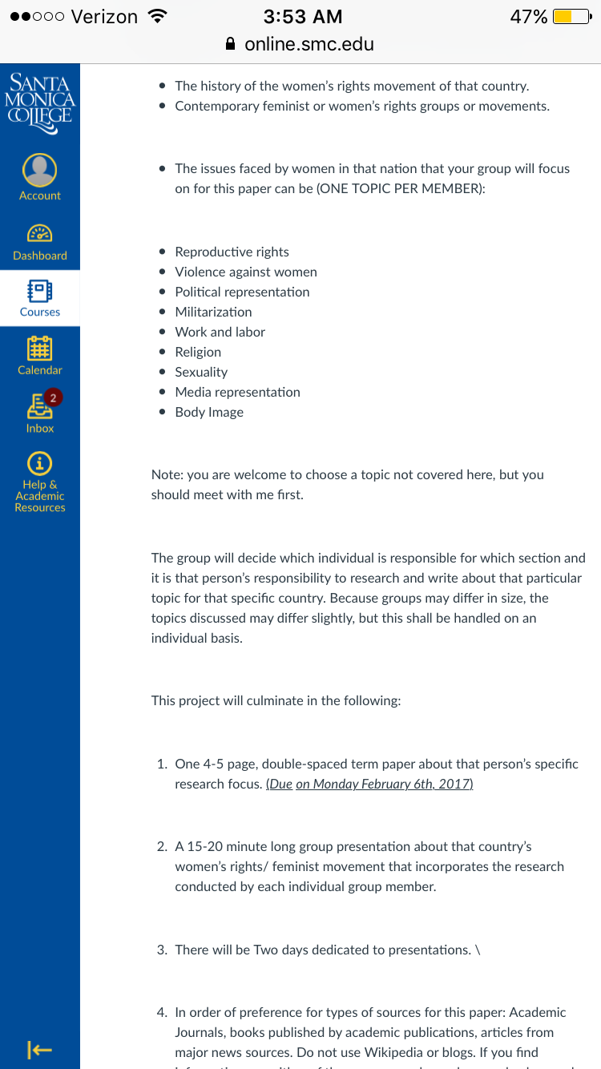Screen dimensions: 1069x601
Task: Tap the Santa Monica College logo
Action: (x=40, y=98)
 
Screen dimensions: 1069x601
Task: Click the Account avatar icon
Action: (x=40, y=170)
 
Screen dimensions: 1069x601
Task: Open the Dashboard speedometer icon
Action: (x=40, y=233)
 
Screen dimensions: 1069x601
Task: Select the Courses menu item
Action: (x=40, y=298)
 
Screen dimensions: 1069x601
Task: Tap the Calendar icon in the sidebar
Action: (x=40, y=349)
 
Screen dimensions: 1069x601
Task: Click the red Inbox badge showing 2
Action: (x=53, y=397)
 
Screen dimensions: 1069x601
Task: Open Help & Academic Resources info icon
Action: (x=40, y=463)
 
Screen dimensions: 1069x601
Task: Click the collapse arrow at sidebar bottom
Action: (x=39, y=1049)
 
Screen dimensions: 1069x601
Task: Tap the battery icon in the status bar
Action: (x=572, y=17)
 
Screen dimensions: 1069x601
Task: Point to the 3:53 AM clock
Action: (x=302, y=17)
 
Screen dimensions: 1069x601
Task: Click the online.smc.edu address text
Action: (x=309, y=44)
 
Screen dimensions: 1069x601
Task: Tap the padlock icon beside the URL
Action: (x=231, y=44)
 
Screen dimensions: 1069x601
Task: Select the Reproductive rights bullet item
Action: (x=232, y=252)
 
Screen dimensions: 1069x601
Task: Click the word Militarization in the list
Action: (x=213, y=312)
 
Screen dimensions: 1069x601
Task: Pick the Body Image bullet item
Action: (x=209, y=412)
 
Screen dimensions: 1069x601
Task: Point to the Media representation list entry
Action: (x=237, y=392)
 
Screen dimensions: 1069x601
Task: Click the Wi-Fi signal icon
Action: (x=158, y=16)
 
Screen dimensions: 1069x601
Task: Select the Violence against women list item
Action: (x=246, y=272)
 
